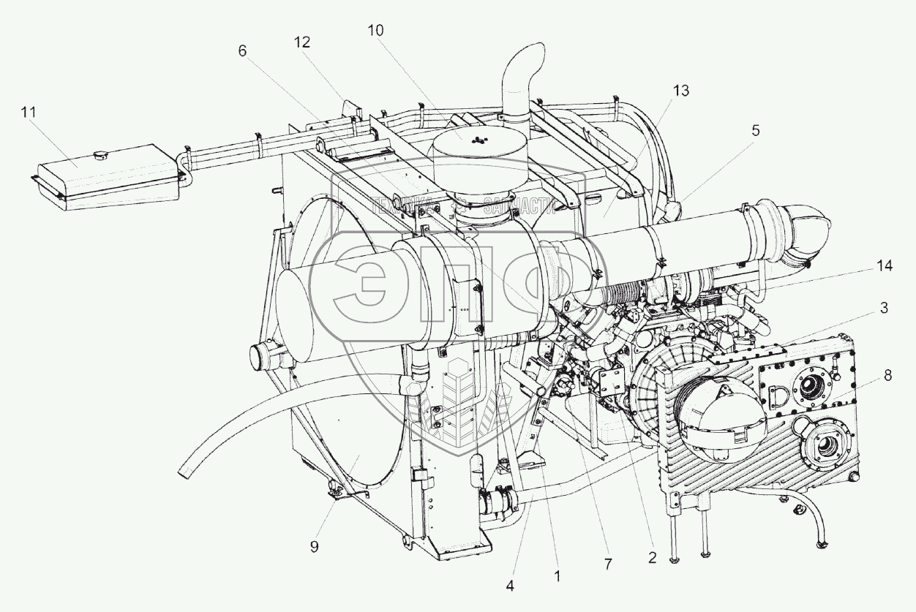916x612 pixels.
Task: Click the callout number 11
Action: click(x=28, y=112)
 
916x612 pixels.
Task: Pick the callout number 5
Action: click(x=755, y=130)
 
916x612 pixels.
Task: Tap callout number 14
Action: click(x=884, y=266)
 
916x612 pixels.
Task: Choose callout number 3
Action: click(x=884, y=308)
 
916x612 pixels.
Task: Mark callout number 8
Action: click(x=887, y=375)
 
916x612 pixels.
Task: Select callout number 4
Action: click(x=510, y=586)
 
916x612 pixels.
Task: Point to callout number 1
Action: click(x=557, y=576)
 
